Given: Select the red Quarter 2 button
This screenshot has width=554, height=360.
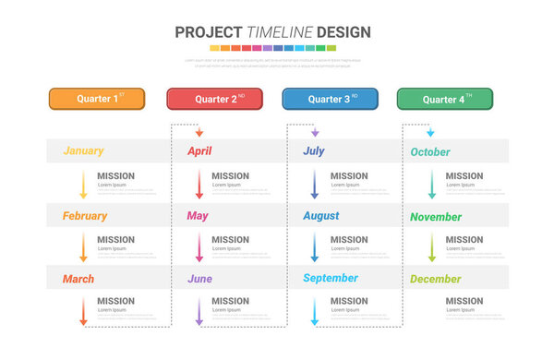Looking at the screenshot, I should click(x=214, y=99).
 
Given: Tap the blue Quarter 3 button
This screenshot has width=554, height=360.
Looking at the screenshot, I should click(x=330, y=99).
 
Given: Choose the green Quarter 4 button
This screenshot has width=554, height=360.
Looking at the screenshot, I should click(x=444, y=99).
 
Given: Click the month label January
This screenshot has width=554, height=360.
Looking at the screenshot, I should click(x=83, y=151).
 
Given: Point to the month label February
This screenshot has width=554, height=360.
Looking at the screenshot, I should click(x=85, y=216).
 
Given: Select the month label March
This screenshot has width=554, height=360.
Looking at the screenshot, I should click(x=78, y=279).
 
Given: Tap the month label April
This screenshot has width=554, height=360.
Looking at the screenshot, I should click(x=200, y=151).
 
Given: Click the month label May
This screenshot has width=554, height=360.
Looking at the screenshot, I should click(x=198, y=216).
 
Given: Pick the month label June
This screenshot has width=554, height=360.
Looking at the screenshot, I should click(x=199, y=279).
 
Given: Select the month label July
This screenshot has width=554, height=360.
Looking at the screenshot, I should click(x=314, y=151).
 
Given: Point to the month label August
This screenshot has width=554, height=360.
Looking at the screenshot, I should click(x=321, y=216).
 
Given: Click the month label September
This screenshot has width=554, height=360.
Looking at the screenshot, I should click(x=331, y=279).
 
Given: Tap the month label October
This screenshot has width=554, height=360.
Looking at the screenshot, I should click(x=430, y=152).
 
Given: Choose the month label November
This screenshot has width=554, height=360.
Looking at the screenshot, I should click(x=436, y=217).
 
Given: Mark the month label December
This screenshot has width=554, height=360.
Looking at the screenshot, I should click(x=436, y=280).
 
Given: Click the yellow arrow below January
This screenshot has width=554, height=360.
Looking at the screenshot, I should click(x=83, y=185).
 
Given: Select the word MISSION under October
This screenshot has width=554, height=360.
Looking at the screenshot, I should click(x=464, y=176).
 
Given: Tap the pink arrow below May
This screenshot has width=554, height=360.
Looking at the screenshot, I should click(x=199, y=247).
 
